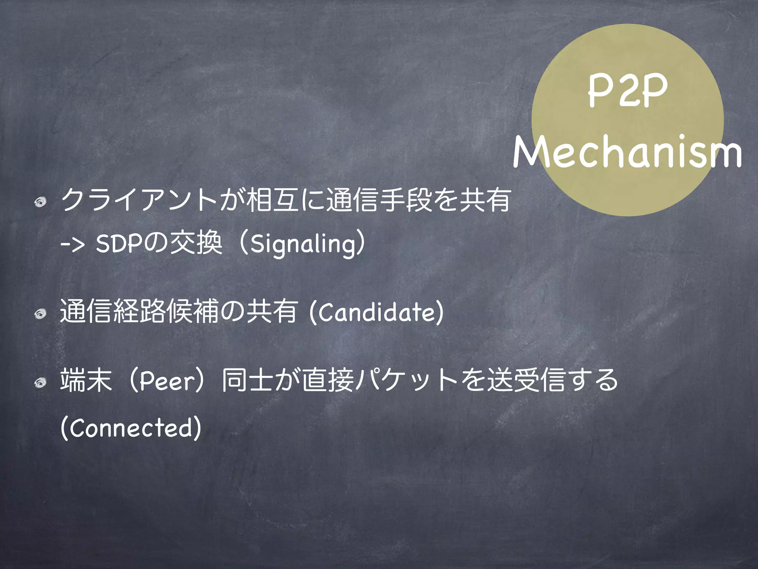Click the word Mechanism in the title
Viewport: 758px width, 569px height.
pos(627,151)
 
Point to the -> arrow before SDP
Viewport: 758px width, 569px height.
pos(73,245)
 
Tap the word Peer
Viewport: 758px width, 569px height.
pos(167,380)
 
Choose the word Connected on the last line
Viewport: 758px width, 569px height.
pos(131,428)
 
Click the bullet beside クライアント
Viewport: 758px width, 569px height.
pos(40,202)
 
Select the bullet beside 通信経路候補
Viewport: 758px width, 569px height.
pos(40,314)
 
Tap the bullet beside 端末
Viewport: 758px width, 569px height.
pos(40,383)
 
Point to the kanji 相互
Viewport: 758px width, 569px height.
pos(273,200)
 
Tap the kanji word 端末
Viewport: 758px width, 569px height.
pos(86,380)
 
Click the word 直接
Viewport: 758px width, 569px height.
pos(328,380)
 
